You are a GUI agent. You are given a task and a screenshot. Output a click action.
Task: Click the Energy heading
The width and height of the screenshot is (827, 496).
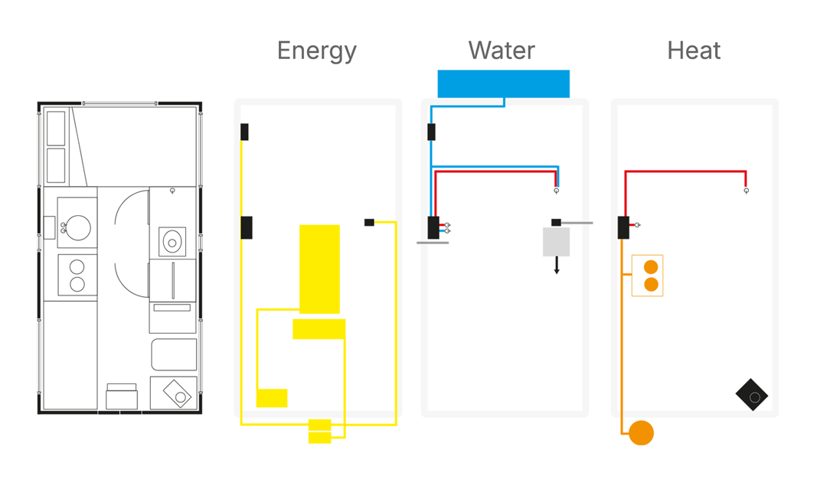coord(316,51)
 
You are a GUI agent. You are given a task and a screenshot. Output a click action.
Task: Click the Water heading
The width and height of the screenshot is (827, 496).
coord(502,51)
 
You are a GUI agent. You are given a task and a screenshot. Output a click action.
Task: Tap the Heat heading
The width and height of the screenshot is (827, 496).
coord(694,51)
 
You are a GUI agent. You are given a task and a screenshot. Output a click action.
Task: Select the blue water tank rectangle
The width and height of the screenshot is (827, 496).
coord(503,83)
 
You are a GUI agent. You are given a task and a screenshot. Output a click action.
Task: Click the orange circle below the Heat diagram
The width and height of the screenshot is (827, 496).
coord(641,433)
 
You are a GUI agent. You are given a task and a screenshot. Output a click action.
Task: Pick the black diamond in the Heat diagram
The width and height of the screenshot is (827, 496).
coord(752,395)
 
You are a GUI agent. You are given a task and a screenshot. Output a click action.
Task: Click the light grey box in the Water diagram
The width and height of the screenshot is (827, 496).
coord(556,242)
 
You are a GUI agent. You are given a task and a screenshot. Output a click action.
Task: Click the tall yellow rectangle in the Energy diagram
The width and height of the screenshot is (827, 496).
coord(319,269)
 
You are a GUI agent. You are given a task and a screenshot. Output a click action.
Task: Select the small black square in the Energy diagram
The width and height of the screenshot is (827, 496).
coord(369,223)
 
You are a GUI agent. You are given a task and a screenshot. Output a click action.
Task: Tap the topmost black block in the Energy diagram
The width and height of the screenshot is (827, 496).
coord(244,132)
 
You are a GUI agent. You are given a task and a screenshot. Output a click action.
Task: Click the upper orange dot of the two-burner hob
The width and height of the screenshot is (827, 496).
coord(651,267)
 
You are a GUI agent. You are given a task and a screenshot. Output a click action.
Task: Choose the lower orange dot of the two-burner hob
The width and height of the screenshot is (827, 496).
coord(651,285)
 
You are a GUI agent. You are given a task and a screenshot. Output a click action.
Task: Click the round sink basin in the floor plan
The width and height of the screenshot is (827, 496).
coord(78,227)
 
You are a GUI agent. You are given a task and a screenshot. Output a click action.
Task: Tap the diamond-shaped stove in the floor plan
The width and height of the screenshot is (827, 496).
coord(178,394)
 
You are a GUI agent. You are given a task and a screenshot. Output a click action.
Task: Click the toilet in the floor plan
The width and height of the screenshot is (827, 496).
coord(172,242)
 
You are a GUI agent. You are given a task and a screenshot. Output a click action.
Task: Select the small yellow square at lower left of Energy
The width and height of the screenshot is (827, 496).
coord(272,398)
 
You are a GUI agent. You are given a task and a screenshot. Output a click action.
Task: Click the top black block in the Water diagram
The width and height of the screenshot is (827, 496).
coord(431,132)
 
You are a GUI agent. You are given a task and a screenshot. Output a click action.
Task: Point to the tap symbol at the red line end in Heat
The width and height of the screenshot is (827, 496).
coord(746,191)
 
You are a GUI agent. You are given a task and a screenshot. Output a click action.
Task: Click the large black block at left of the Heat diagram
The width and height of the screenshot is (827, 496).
coord(623,227)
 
